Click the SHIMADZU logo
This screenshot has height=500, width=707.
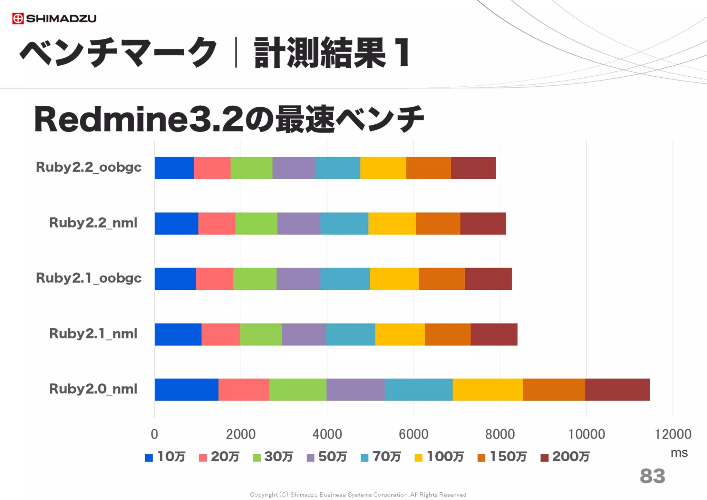[x=54, y=18]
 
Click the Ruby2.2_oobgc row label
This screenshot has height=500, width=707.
[x=89, y=167]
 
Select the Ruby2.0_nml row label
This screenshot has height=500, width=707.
[x=93, y=389]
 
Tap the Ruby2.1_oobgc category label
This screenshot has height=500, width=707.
[x=89, y=278]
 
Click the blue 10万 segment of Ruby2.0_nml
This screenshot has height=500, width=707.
[x=186, y=390]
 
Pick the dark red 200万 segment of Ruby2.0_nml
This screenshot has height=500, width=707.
[x=617, y=390]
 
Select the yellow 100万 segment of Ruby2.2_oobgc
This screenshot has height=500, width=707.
[x=383, y=168]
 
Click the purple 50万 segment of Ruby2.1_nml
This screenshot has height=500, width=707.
[x=304, y=334]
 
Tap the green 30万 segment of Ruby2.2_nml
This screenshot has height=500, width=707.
[x=256, y=223]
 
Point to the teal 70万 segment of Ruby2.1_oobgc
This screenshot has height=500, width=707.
[x=345, y=279]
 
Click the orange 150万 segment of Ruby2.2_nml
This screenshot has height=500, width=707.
[x=438, y=223]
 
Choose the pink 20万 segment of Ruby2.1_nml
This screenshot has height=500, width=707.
[x=221, y=334]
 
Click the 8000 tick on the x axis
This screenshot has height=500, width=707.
[x=500, y=434]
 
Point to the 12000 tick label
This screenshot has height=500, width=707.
[x=673, y=434]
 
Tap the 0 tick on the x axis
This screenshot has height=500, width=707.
[x=154, y=434]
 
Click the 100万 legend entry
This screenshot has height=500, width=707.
[x=439, y=457]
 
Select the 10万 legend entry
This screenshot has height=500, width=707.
[x=165, y=457]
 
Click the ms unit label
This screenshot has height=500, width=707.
[x=679, y=453]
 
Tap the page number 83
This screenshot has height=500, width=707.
[x=652, y=476]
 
